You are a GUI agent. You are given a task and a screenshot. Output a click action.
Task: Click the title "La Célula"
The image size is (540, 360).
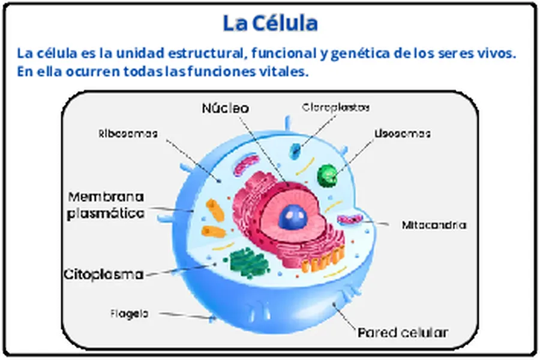(270, 23)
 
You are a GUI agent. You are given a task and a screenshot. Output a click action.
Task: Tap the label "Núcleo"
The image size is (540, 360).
(224, 108)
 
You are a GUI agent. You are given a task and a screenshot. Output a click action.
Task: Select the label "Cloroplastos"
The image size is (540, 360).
(335, 107)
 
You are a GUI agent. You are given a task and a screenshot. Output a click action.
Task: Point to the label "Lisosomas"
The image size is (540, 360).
(403, 133)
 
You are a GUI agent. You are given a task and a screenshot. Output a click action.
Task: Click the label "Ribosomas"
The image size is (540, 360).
(128, 133)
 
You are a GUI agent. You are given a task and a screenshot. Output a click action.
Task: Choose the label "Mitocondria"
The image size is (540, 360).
(434, 225)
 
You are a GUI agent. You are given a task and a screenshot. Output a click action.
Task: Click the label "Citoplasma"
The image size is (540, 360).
(104, 275)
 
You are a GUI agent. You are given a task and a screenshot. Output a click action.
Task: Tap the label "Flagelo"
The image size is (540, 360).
(129, 313)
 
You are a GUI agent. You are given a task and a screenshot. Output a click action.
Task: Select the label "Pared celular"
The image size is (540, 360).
(403, 332)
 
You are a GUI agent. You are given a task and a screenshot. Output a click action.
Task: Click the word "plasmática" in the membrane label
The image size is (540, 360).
(106, 212)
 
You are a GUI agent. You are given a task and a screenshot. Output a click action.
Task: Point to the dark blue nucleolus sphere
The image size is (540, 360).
(293, 214)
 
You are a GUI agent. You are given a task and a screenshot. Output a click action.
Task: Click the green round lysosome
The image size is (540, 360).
(327, 173)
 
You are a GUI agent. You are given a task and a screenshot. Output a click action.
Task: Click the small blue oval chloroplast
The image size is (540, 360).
(295, 151)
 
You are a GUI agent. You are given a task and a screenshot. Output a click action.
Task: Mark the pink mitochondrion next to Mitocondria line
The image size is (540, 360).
(349, 220)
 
